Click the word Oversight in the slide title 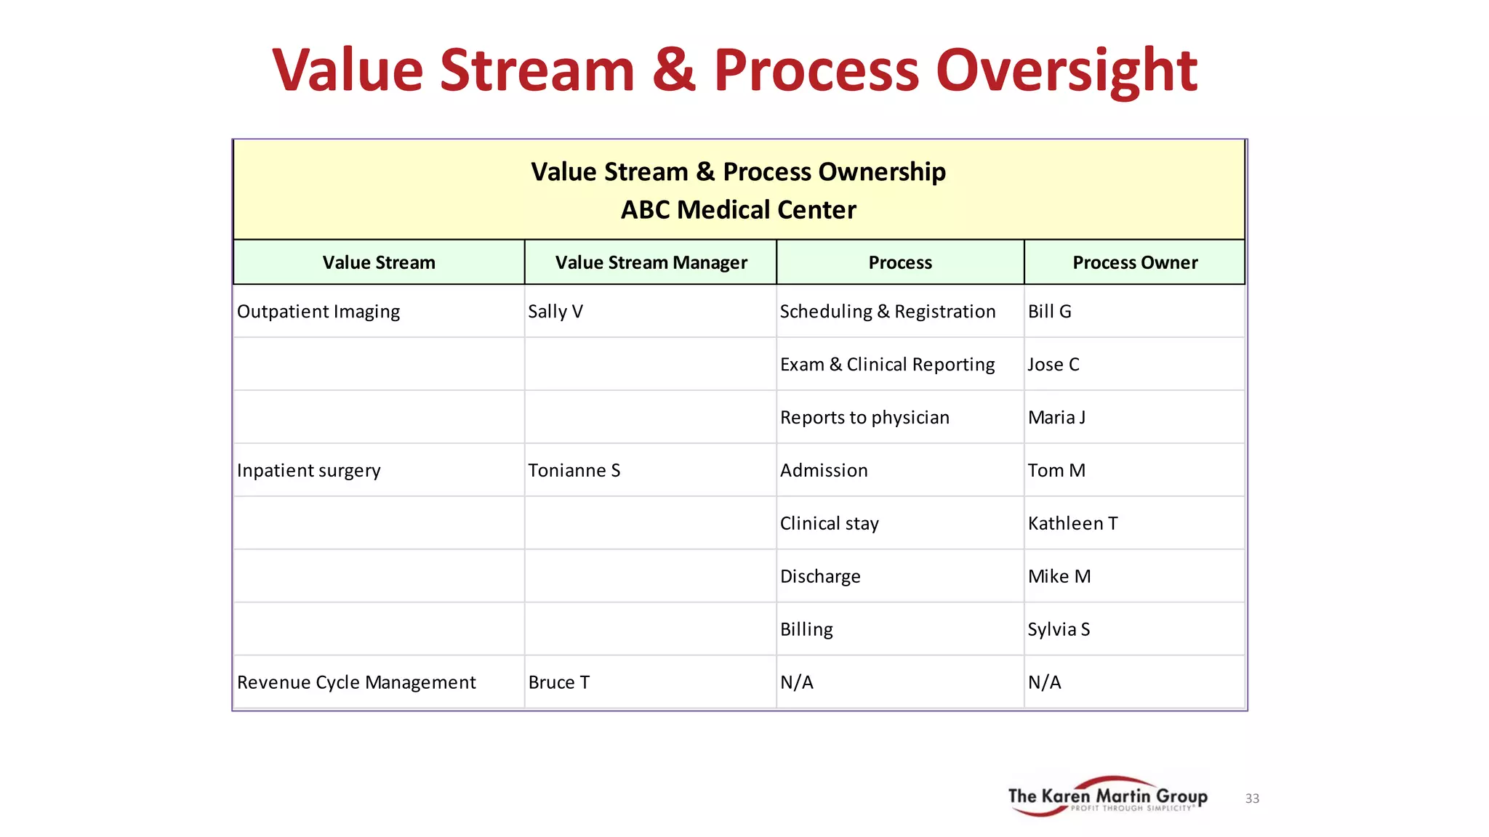(1066, 70)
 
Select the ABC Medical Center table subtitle (738, 210)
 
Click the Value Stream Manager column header (651, 262)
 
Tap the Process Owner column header (1134, 262)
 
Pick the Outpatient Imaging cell (318, 312)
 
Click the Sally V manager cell (555, 312)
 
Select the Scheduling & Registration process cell (887, 312)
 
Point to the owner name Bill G (1049, 312)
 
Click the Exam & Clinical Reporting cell (887, 365)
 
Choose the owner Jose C (1053, 365)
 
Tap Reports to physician (864, 418)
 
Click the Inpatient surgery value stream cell (308, 471)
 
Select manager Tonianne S (574, 471)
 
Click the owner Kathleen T (1072, 524)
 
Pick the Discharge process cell (820, 577)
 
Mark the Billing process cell (806, 630)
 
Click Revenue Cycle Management (356, 683)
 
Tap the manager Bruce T (558, 683)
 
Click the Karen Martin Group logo (1107, 797)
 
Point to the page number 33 (1252, 798)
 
